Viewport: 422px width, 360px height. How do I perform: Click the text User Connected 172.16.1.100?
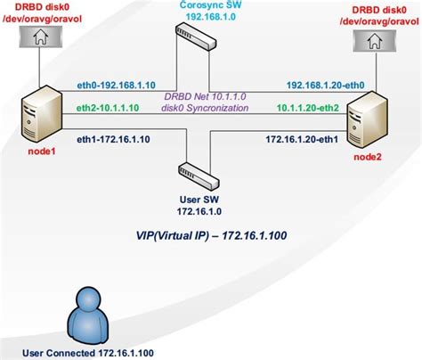point(90,352)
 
